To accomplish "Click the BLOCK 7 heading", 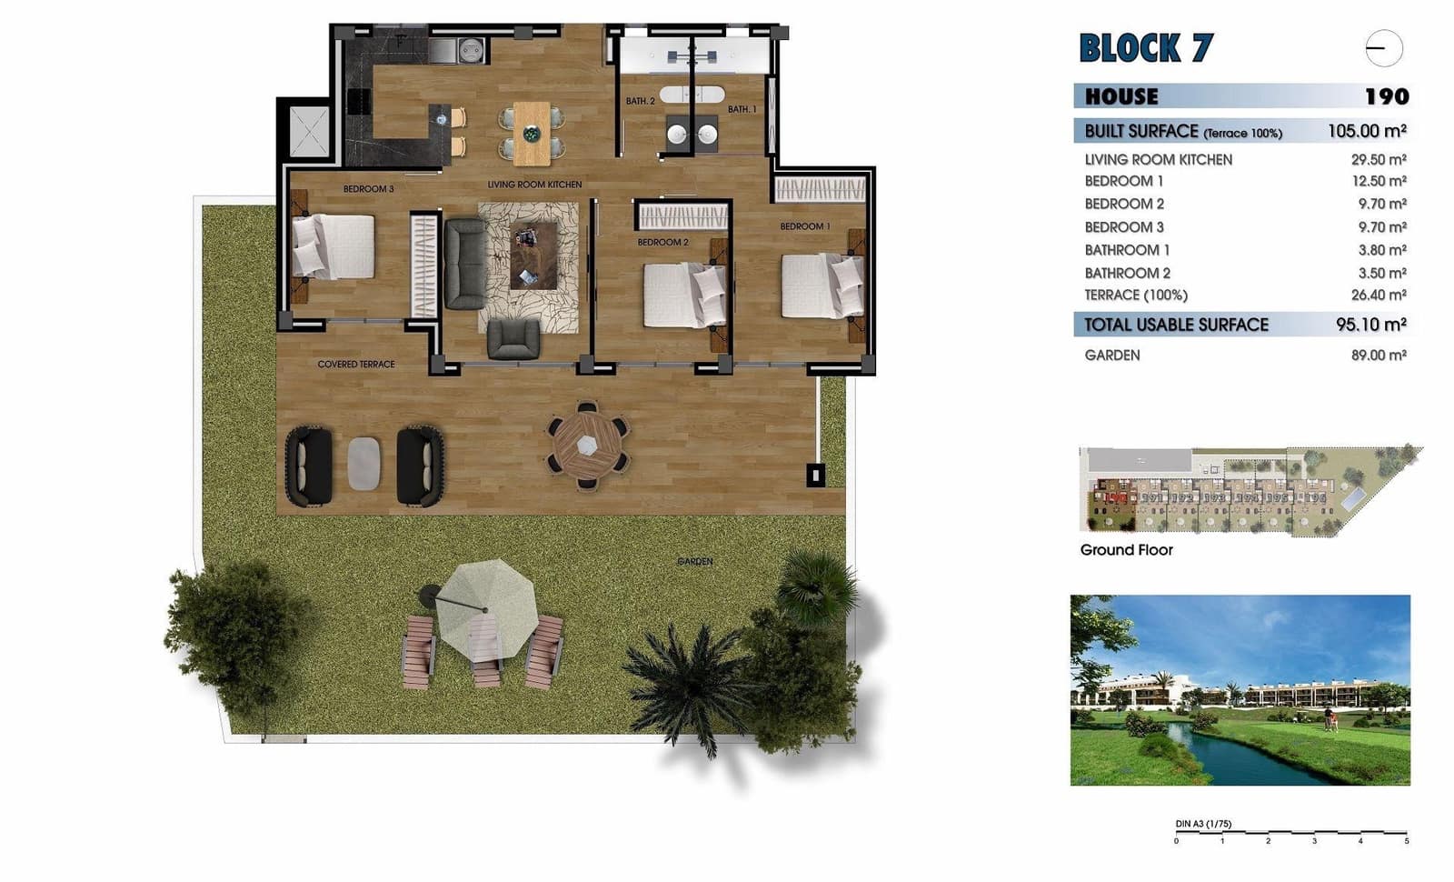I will [x=1146, y=48].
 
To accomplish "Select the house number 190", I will [x=1386, y=96].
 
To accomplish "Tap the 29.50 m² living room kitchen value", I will [x=1378, y=159].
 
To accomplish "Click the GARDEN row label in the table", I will [x=1111, y=356].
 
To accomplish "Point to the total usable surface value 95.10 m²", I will [x=1370, y=325].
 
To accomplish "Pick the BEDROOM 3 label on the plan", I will [x=368, y=189].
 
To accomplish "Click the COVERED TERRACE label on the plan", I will [x=355, y=365].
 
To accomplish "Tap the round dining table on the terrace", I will [x=588, y=446].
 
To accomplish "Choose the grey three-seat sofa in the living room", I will [x=464, y=264].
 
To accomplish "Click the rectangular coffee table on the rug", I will [x=533, y=256].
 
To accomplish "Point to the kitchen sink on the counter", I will [x=472, y=50].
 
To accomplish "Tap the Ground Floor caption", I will [x=1126, y=550].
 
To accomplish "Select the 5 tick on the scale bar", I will [x=1406, y=840].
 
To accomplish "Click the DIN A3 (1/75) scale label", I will [x=1203, y=824].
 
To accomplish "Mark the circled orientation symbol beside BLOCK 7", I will [x=1383, y=48].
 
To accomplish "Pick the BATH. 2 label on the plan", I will [x=640, y=101].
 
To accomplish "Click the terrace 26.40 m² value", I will [x=1378, y=295].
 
